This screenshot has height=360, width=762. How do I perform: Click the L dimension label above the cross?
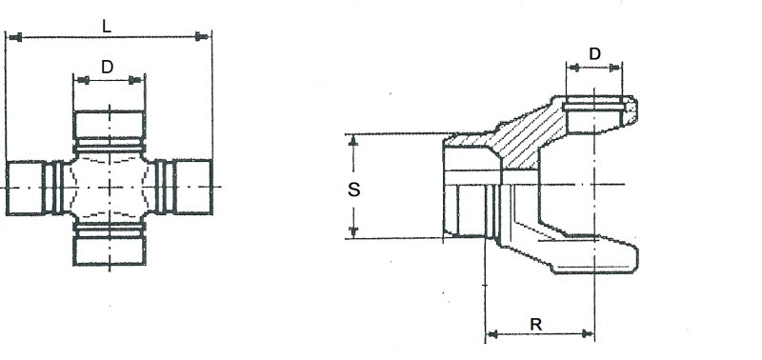pos(107,27)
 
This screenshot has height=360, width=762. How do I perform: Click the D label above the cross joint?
pos(107,67)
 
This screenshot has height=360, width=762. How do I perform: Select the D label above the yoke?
pos(594,53)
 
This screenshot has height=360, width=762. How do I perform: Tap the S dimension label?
pos(354,190)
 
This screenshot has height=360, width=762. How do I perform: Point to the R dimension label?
pos(535,325)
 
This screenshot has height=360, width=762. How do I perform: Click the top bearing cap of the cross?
pos(110,125)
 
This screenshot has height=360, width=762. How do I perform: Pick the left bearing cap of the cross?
pos(25,188)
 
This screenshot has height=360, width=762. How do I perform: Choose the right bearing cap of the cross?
pos(193,187)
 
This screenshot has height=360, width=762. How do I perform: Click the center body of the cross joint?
pos(110,187)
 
